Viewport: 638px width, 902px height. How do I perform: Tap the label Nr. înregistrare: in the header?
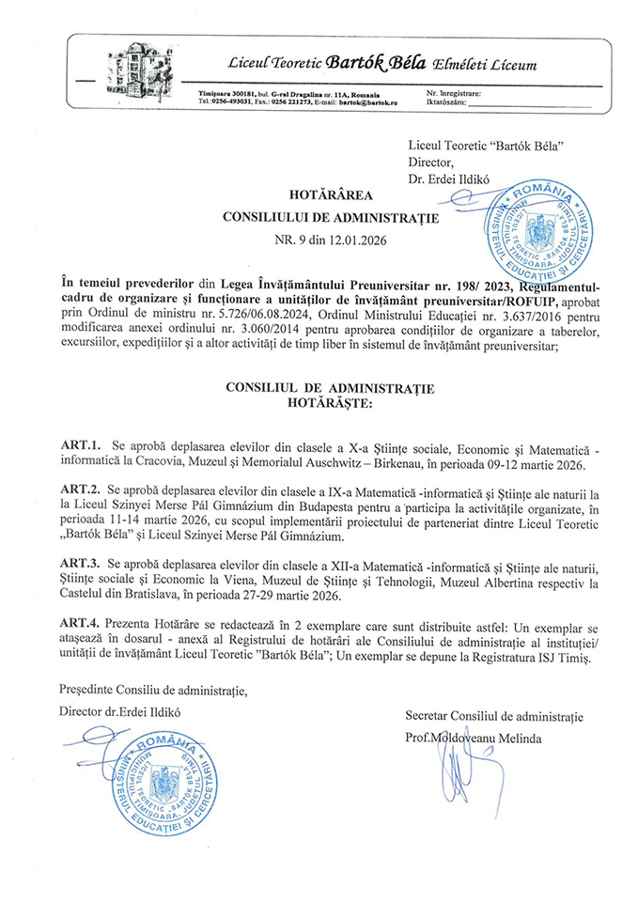pyautogui.click(x=454, y=94)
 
